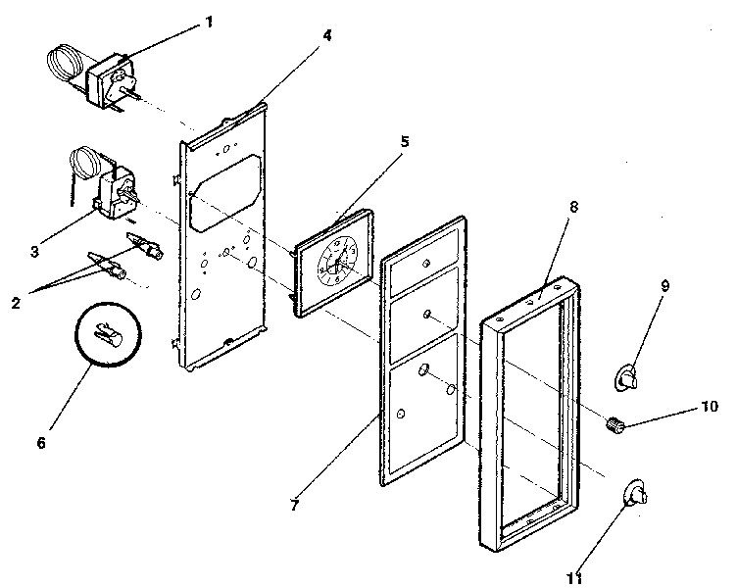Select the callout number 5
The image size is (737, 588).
click(x=405, y=141)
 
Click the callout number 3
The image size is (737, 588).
click(x=34, y=252)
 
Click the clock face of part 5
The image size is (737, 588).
click(x=333, y=263)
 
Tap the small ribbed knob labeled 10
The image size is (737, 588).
click(x=614, y=425)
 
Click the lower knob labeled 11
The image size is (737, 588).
click(x=633, y=492)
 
